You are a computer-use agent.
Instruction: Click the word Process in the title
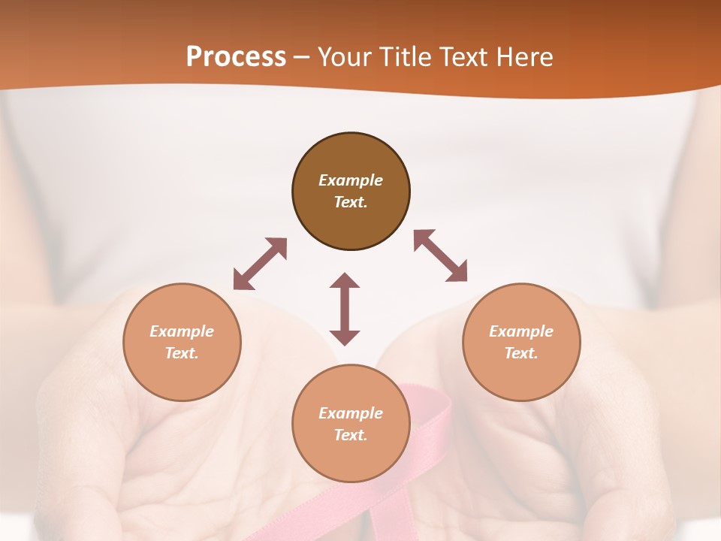click(x=236, y=57)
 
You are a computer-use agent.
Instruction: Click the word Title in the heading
click(x=403, y=57)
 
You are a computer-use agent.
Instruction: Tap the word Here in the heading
click(x=523, y=57)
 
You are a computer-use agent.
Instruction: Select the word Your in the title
click(x=343, y=57)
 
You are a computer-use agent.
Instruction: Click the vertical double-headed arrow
click(x=345, y=309)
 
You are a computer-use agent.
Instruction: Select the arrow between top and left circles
click(x=260, y=264)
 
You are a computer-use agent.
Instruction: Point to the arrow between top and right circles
click(x=441, y=256)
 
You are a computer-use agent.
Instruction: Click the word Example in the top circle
click(x=351, y=180)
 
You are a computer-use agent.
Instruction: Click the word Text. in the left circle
click(x=182, y=353)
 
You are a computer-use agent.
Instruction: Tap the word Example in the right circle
click(x=521, y=331)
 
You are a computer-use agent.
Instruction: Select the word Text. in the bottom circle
click(x=351, y=435)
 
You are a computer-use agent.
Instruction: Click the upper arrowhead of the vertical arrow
click(x=345, y=282)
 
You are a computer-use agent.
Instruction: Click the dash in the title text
click(x=302, y=57)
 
